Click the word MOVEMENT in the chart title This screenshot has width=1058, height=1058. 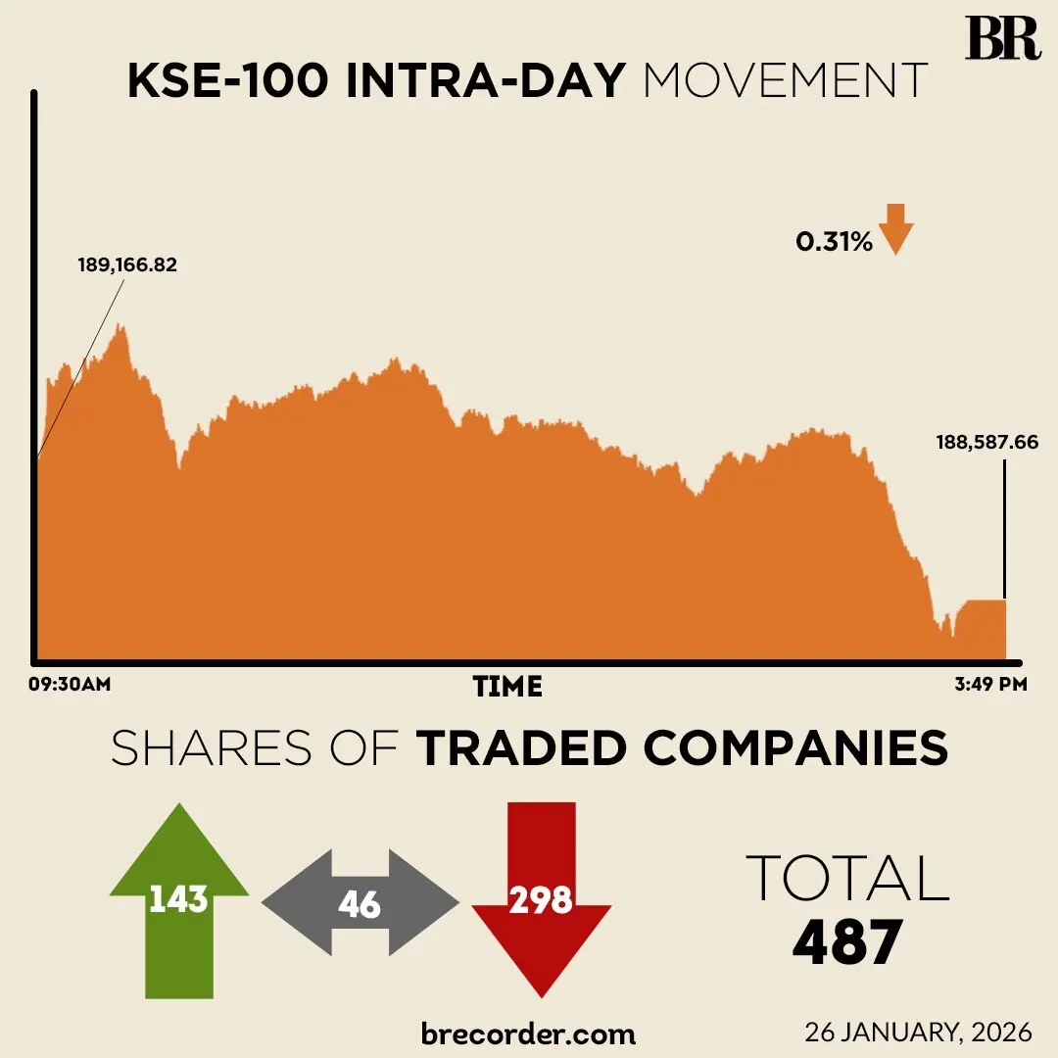tap(785, 81)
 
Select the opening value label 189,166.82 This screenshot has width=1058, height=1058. tap(127, 264)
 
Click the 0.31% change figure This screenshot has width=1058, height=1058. tap(834, 242)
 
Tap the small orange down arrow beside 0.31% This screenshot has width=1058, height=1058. tap(895, 230)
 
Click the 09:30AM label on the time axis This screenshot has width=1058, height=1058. tap(69, 685)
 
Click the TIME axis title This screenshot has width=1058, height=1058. tap(507, 687)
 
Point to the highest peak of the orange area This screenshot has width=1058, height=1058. tap(120, 327)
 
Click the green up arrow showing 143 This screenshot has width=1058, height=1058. tap(178, 898)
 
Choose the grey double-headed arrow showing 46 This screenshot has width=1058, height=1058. tap(360, 903)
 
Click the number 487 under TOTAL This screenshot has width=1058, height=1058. tap(846, 942)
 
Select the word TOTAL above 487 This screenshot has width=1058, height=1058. tap(847, 878)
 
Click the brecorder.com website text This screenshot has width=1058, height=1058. tap(528, 1033)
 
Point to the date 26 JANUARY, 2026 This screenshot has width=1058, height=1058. tap(918, 1033)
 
